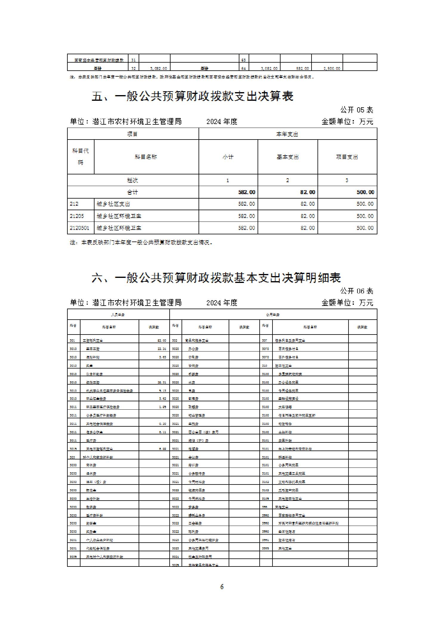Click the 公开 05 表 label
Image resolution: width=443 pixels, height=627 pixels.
point(357,110)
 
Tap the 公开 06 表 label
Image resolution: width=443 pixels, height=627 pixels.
point(357,291)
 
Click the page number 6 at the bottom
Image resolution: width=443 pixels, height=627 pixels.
point(222,586)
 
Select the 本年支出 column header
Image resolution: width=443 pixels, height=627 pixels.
point(287,134)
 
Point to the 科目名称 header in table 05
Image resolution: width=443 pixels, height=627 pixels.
point(146,157)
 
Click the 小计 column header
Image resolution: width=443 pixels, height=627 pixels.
point(228,157)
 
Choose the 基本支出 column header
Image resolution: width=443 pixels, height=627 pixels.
point(287,157)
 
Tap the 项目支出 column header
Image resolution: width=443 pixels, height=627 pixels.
point(347,157)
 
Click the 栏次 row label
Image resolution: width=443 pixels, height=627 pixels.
point(133,180)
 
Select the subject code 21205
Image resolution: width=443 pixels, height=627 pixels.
point(77,216)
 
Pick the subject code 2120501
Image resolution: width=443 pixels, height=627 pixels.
point(79,228)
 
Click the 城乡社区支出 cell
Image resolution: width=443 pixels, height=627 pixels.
point(113,204)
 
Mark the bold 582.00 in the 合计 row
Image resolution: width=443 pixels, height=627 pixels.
point(247,192)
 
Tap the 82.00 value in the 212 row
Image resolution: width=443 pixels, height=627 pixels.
point(307,204)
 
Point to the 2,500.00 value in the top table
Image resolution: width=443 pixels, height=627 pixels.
point(332,69)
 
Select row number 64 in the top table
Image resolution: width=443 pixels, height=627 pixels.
point(244,69)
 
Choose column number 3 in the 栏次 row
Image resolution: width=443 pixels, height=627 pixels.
point(347,180)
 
